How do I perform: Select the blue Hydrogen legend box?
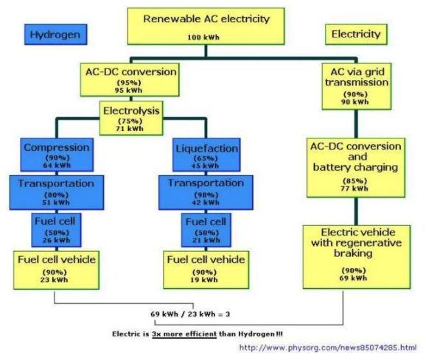[56, 34]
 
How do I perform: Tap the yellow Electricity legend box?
[356, 34]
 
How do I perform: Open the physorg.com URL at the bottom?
[328, 347]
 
